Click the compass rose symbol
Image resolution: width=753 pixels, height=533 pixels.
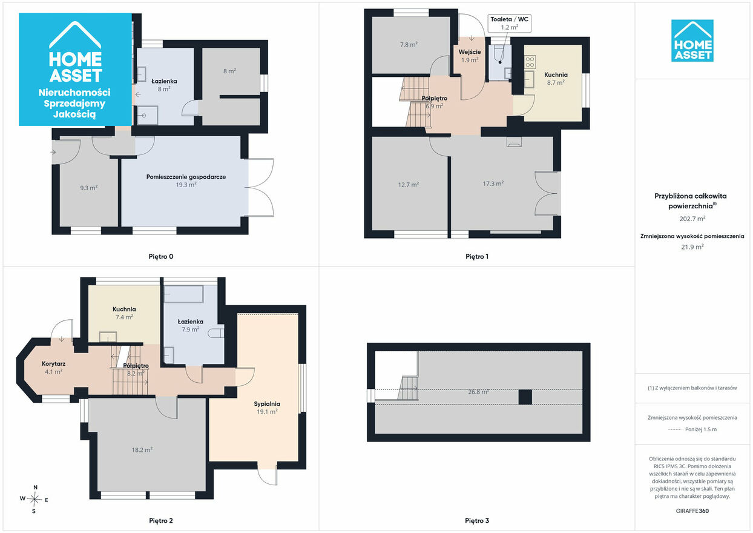[34, 499]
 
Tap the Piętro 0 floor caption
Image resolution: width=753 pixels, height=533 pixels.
[161, 257]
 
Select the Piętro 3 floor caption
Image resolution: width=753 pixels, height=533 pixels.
[477, 520]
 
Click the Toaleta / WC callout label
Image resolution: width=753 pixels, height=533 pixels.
[509, 19]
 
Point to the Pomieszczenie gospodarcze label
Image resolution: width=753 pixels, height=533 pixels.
[186, 177]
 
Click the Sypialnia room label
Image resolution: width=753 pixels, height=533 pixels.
[267, 404]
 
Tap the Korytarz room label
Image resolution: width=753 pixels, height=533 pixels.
[53, 364]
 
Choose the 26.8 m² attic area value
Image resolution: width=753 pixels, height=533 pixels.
[478, 392]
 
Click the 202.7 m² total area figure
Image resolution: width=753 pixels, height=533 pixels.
[692, 219]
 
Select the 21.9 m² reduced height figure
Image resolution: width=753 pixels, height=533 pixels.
[692, 247]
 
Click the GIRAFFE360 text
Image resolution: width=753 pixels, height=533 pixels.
[692, 511]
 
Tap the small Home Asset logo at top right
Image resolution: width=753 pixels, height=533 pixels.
[692, 41]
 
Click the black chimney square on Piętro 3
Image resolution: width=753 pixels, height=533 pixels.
[525, 397]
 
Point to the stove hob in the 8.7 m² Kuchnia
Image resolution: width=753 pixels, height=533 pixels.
[530, 62]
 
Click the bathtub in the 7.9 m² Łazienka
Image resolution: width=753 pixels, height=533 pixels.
[183, 294]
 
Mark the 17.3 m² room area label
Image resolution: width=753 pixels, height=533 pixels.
[493, 184]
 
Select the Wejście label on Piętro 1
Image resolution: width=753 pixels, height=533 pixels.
[470, 52]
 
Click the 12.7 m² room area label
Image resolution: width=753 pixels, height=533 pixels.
[409, 185]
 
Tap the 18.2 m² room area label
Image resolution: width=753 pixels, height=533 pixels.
[142, 450]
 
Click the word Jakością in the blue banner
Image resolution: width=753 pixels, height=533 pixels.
[74, 114]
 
